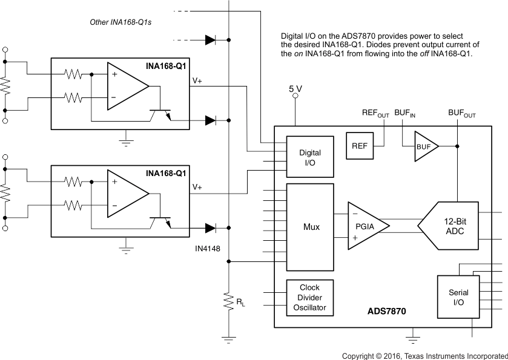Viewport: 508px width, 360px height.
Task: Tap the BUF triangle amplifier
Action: pos(425,146)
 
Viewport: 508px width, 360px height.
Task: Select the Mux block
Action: pos(310,227)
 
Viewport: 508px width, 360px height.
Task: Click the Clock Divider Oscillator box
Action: pos(309,297)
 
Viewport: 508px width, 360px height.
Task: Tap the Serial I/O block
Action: pos(458,297)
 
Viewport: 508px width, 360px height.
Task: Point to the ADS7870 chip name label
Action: pos(386,312)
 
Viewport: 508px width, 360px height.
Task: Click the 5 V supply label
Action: pos(295,89)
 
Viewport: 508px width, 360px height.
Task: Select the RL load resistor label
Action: pos(240,301)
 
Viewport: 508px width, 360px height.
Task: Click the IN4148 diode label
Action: pos(207,248)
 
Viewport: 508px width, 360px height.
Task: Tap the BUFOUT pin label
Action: pos(461,113)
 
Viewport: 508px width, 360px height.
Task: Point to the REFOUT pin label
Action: pos(375,113)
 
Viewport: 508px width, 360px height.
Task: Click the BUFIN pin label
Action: pos(405,113)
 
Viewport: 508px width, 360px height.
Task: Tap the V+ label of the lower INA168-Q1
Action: pos(197,188)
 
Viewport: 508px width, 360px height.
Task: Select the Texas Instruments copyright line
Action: pos(424,355)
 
